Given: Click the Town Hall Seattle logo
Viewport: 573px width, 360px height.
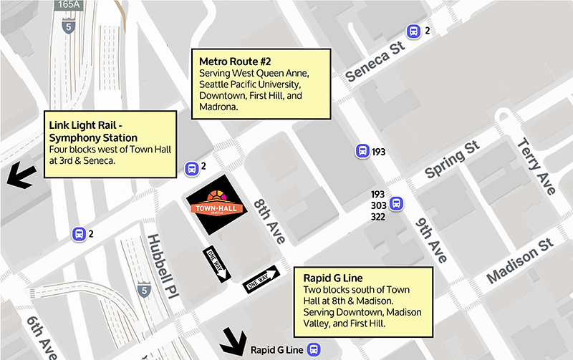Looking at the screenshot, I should [216, 204].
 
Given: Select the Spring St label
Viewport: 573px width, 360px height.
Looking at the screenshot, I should [451, 161].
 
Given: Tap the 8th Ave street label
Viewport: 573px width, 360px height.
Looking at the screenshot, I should [269, 217].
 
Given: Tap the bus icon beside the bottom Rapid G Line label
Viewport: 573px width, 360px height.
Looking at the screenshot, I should [313, 350].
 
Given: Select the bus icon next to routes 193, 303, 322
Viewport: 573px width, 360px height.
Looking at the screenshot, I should [396, 205].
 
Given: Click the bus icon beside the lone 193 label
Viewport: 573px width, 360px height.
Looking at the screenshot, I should [362, 151].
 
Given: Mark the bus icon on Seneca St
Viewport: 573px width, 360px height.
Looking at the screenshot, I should [413, 31].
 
